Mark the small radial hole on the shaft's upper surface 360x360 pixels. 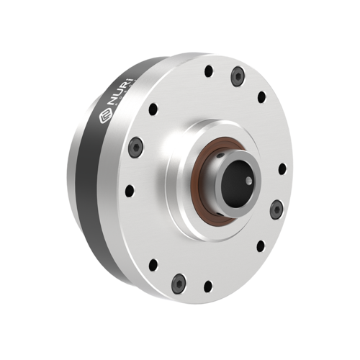point(229,153)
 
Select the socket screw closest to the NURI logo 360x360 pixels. point(134,149)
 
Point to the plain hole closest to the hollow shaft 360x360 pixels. point(281,169)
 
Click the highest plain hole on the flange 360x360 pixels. point(208,71)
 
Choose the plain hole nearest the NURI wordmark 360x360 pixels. point(153,109)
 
